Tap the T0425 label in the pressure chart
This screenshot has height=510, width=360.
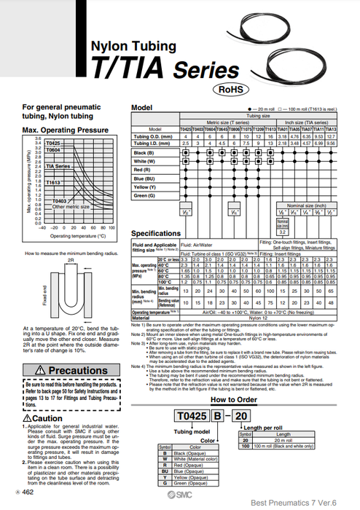click(53, 144)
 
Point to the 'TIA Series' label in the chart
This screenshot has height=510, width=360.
click(58, 166)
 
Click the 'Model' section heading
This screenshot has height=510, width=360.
click(141, 107)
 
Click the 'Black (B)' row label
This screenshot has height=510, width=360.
click(144, 153)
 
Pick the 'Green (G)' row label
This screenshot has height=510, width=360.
click(144, 195)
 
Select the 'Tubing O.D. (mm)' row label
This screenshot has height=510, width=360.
click(152, 136)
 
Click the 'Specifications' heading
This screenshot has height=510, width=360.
click(155, 233)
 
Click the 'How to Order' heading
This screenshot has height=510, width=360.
click(233, 400)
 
